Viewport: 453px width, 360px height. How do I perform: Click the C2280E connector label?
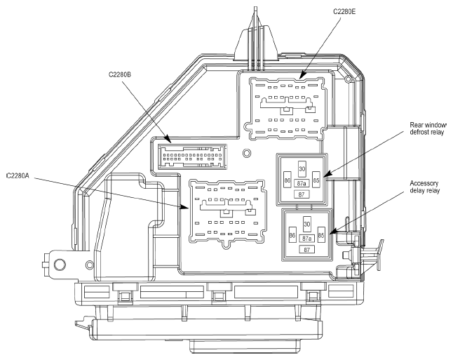[344, 11]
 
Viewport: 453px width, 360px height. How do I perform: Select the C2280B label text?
[120, 74]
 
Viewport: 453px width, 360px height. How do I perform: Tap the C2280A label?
[18, 175]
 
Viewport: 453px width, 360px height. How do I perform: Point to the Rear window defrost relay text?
[428, 128]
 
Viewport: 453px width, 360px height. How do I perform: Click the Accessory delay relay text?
[425, 187]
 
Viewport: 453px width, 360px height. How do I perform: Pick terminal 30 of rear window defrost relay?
[302, 168]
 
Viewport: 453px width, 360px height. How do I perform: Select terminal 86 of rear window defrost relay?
[288, 180]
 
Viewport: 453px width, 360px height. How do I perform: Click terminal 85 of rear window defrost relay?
[316, 180]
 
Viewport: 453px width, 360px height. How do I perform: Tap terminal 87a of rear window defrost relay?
[302, 183]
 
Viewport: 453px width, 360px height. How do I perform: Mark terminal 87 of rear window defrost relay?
[302, 194]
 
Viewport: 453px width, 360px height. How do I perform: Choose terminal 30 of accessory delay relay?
[307, 224]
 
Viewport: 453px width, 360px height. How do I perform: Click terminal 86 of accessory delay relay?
[292, 235]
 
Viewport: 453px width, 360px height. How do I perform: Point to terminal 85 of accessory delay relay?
[321, 235]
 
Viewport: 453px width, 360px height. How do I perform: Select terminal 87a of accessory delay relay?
[307, 239]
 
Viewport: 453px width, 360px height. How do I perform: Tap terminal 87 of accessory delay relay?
[307, 249]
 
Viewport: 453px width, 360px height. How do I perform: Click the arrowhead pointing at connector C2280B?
[168, 140]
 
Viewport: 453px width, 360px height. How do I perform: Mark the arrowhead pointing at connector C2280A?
[184, 206]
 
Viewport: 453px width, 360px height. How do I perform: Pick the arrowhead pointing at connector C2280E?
[302, 75]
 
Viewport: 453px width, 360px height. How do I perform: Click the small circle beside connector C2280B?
[246, 153]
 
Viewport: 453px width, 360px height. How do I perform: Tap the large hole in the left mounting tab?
[60, 264]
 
